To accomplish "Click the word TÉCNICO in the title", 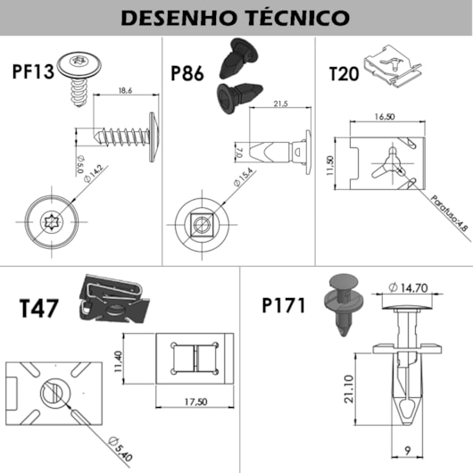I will click(x=293, y=18).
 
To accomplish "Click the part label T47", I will click(x=40, y=309).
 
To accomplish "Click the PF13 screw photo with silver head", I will click(x=80, y=69).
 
